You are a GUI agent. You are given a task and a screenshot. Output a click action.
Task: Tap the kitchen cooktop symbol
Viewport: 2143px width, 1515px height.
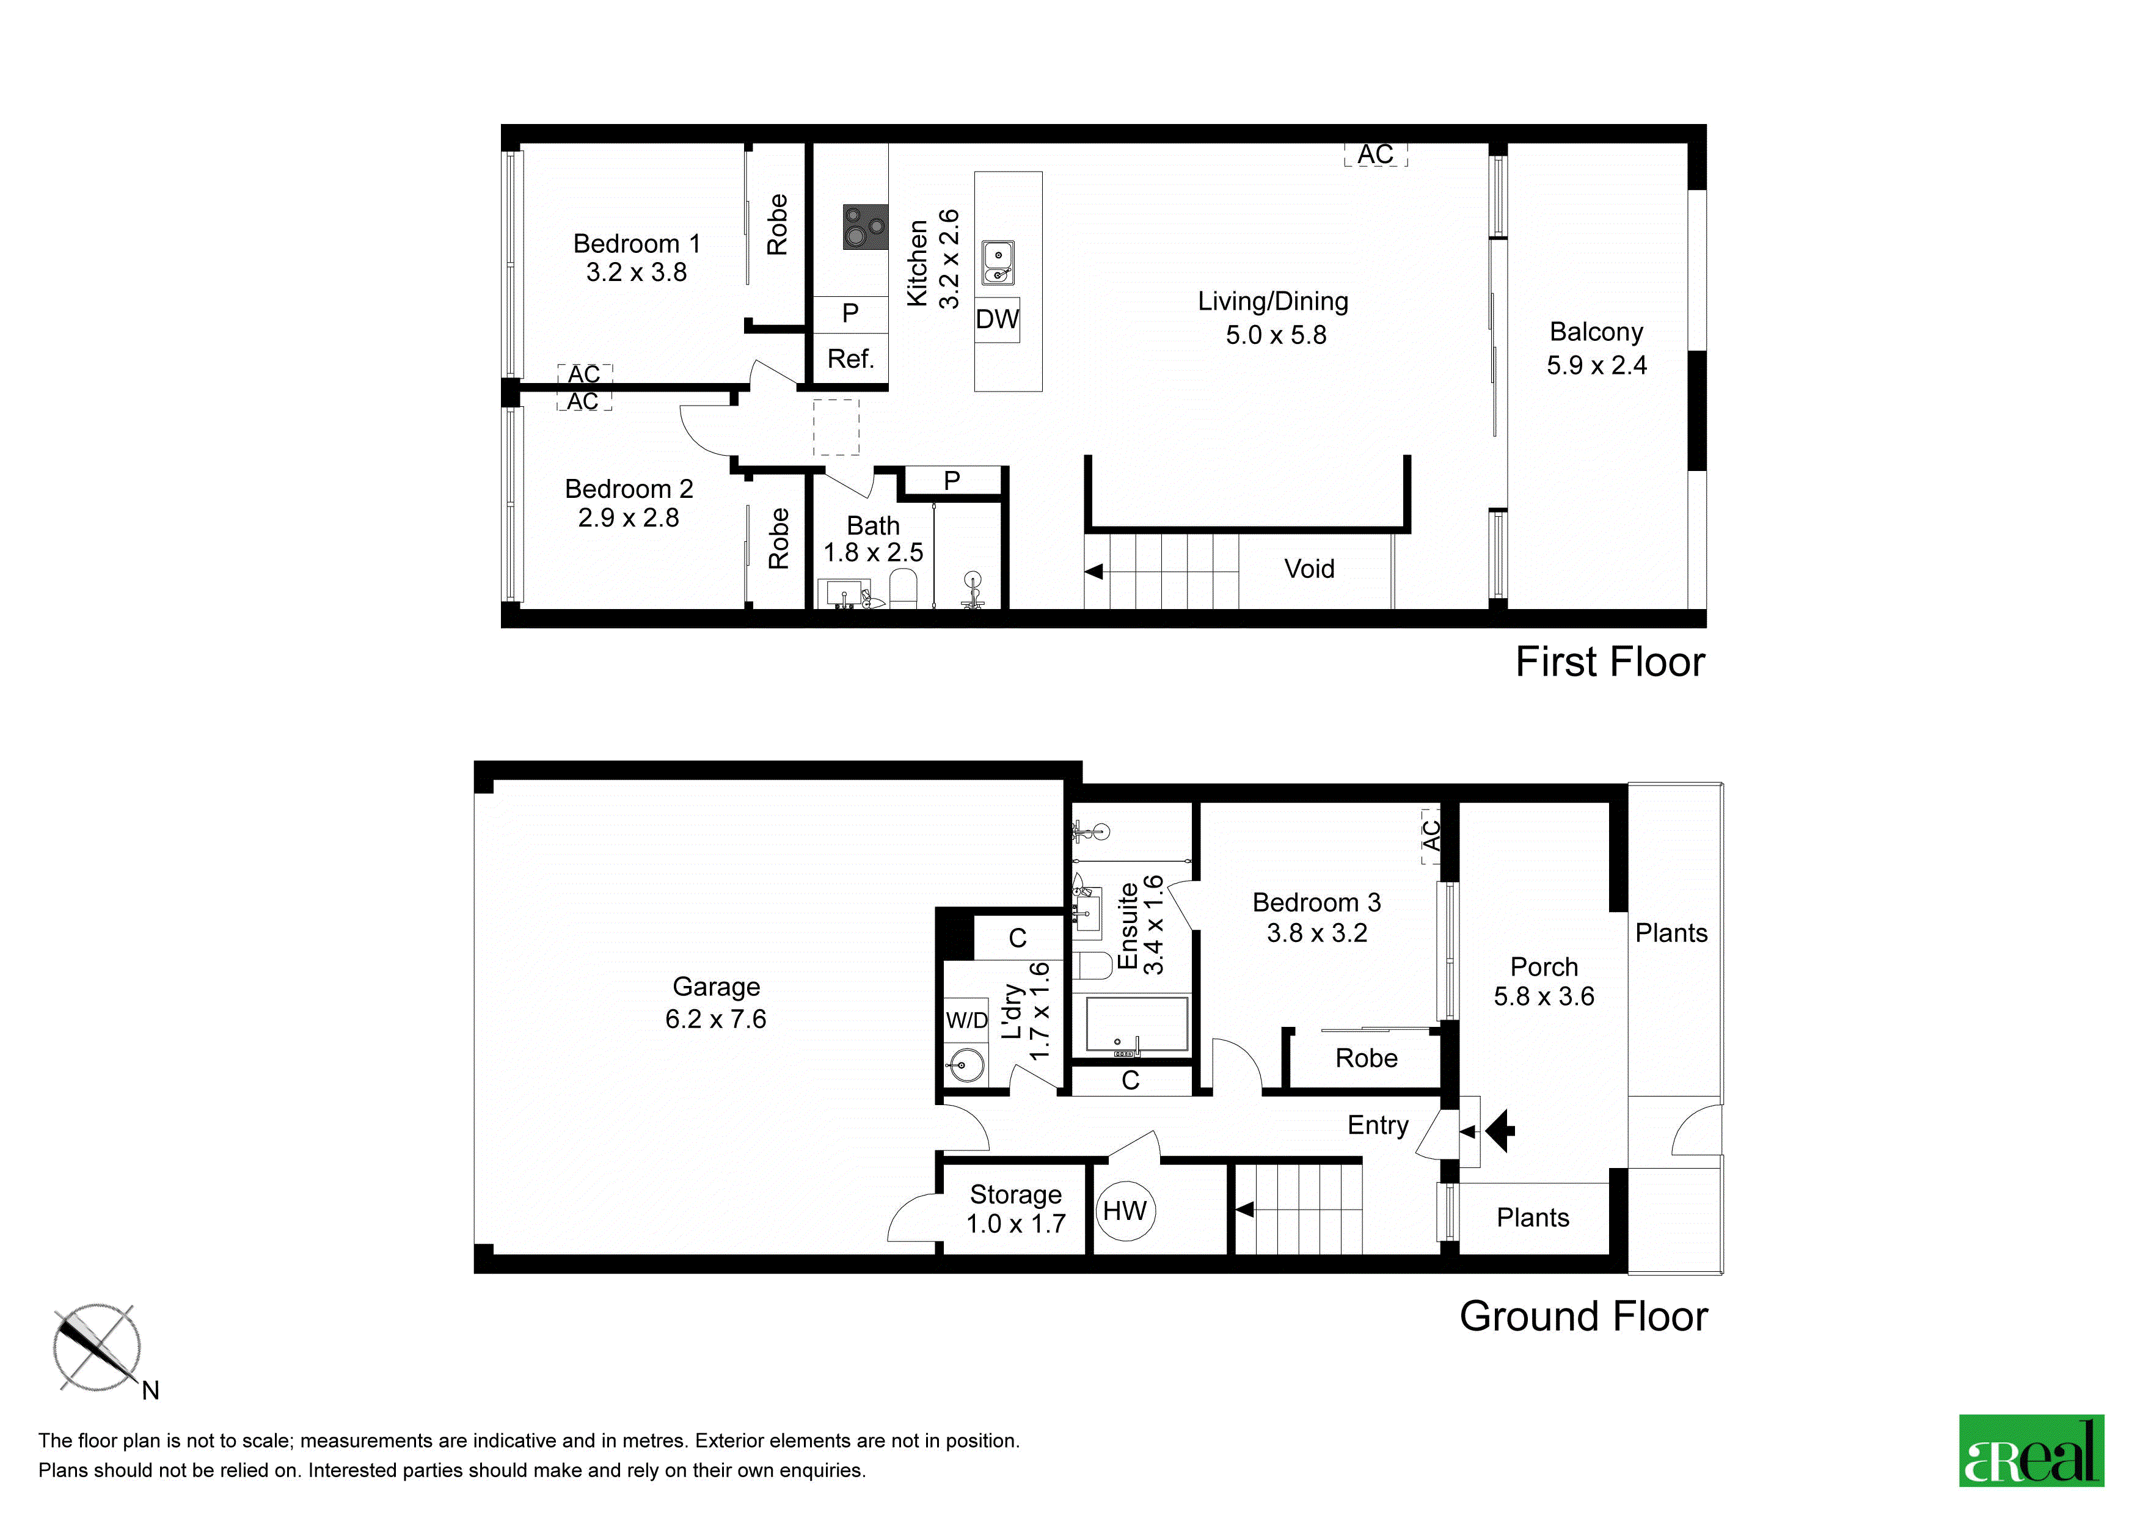[x=865, y=227]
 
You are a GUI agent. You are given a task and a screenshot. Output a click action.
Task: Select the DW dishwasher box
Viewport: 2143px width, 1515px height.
[x=997, y=319]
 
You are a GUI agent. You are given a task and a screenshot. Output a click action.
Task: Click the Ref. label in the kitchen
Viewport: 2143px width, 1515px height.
[x=850, y=359]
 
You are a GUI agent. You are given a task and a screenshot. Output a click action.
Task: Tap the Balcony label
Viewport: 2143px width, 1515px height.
[x=1596, y=331]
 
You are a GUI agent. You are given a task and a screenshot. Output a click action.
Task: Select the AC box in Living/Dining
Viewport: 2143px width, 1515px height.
[x=1376, y=154]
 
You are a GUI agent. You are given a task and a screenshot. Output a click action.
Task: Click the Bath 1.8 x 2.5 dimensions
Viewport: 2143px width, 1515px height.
[x=873, y=553]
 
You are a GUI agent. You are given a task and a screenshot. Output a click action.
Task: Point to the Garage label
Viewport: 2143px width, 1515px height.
[x=716, y=987]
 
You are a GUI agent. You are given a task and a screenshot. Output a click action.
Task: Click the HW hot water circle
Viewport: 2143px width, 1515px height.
[x=1125, y=1211]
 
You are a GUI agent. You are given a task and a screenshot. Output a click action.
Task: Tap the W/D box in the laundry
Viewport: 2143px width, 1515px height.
[x=966, y=1020]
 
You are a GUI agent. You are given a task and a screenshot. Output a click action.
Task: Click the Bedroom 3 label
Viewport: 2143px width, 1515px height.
[x=1316, y=903]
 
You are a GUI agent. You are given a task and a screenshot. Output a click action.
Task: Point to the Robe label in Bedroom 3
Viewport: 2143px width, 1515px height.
[x=1367, y=1057]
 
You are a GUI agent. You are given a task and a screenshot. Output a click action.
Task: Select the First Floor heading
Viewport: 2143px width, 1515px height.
[x=1610, y=662]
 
